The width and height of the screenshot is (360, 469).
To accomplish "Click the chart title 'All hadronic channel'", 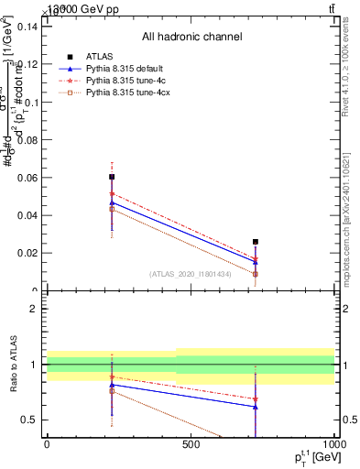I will (191, 38).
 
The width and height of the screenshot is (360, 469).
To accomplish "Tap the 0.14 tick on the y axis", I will (26, 27).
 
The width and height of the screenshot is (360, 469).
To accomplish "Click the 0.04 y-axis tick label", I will (26, 215).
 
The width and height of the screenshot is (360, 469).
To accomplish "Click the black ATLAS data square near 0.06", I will (112, 176).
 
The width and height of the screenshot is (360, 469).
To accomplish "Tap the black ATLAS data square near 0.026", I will (256, 242).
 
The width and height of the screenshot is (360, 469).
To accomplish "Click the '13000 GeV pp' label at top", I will (73, 8).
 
